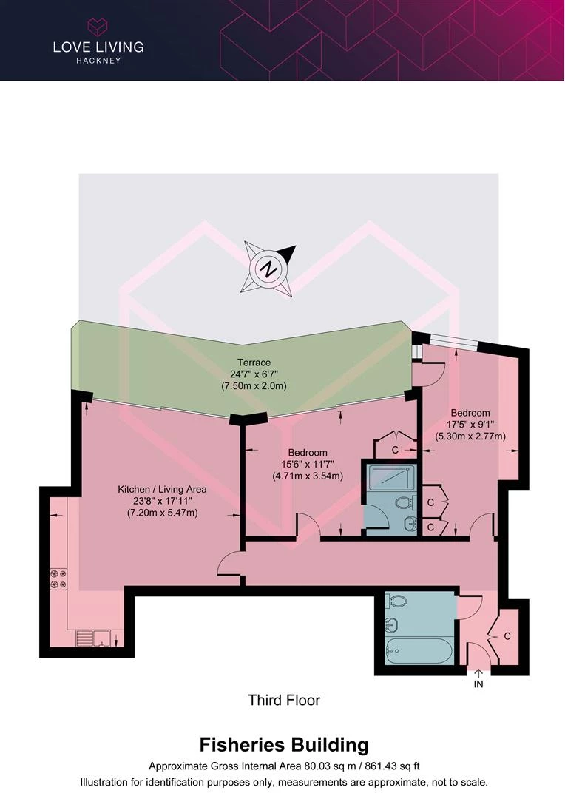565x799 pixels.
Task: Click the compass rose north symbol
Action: [x=268, y=269]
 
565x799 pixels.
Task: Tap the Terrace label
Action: [x=254, y=363]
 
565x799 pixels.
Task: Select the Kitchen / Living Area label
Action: [x=162, y=489]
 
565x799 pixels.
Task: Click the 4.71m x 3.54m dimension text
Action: [x=307, y=476]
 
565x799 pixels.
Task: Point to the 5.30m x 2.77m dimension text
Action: [x=470, y=436]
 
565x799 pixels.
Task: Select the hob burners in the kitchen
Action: [x=58, y=579]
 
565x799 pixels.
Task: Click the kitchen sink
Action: [x=95, y=638]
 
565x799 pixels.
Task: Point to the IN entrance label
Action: [x=478, y=684]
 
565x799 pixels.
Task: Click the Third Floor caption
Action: [x=284, y=700]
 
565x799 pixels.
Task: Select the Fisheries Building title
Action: [x=284, y=745]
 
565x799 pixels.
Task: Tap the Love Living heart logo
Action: [x=98, y=27]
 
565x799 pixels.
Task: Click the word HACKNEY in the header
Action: [x=98, y=60]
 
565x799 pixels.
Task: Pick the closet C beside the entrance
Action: [x=507, y=636]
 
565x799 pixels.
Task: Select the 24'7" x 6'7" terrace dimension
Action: [x=254, y=374]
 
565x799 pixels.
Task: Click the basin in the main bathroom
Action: [x=392, y=624]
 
